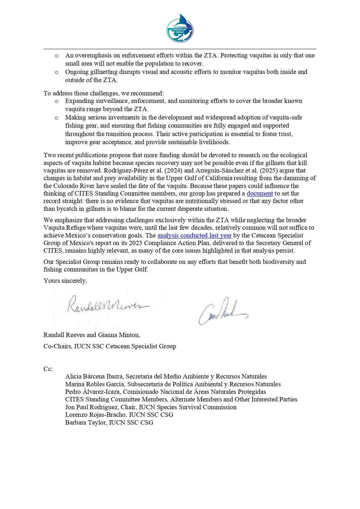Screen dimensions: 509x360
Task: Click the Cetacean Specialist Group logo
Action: pos(180,28)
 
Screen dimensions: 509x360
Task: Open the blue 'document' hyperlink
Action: pos(260,193)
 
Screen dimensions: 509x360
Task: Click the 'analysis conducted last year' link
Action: pos(194,235)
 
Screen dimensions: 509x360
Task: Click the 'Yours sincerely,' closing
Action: pos(65,281)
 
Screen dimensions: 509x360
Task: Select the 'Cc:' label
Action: pos(48,369)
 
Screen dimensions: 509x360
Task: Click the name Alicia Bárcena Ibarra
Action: pos(94,376)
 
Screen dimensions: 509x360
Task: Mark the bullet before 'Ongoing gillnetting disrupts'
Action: pos(56,72)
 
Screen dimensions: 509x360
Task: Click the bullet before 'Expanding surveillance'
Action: pos(56,101)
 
